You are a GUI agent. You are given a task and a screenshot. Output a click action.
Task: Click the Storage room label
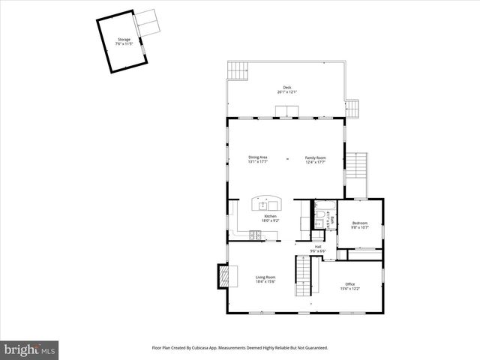click(124, 40)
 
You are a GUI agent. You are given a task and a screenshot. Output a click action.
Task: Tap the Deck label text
click(286, 87)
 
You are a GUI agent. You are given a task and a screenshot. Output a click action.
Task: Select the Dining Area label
click(258, 157)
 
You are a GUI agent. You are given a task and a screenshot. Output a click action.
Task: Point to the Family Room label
click(315, 157)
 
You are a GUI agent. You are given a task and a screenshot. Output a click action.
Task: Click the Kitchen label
click(271, 216)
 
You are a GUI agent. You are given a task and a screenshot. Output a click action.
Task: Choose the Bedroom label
click(360, 223)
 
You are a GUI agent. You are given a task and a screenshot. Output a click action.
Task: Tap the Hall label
click(318, 246)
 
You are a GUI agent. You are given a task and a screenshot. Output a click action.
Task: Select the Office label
click(349, 283)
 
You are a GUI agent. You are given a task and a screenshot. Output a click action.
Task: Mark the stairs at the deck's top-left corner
click(238, 70)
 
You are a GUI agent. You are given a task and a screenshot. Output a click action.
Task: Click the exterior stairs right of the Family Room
click(358, 174)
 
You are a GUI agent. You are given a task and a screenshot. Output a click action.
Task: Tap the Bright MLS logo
click(29, 349)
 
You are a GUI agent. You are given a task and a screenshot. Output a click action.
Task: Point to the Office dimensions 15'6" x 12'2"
click(349, 288)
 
